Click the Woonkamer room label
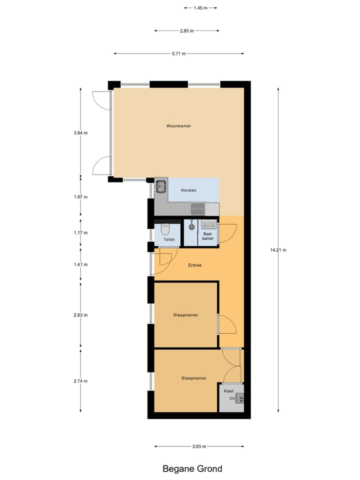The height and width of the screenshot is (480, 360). (178, 126)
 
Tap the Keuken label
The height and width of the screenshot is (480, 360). (189, 190)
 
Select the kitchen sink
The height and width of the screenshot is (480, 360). (161, 187)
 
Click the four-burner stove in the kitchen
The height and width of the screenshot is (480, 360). (197, 207)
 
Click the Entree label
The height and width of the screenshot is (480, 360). (194, 265)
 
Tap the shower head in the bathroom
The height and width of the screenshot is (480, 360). (191, 226)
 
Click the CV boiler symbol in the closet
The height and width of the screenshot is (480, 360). (240, 398)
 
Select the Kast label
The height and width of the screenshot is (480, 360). (228, 391)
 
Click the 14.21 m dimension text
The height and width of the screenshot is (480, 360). (278, 250)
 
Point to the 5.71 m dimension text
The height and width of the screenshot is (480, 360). (178, 53)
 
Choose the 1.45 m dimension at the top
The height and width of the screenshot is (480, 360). (199, 8)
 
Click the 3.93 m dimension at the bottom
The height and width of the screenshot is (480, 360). (198, 446)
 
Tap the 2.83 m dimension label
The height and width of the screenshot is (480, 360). (80, 315)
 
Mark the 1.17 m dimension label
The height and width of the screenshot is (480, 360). (80, 232)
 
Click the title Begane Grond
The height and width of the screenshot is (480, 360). (192, 468)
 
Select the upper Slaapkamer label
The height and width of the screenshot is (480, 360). (185, 315)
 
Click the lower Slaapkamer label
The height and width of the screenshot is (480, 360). (193, 378)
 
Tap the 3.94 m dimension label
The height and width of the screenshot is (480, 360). (80, 133)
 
